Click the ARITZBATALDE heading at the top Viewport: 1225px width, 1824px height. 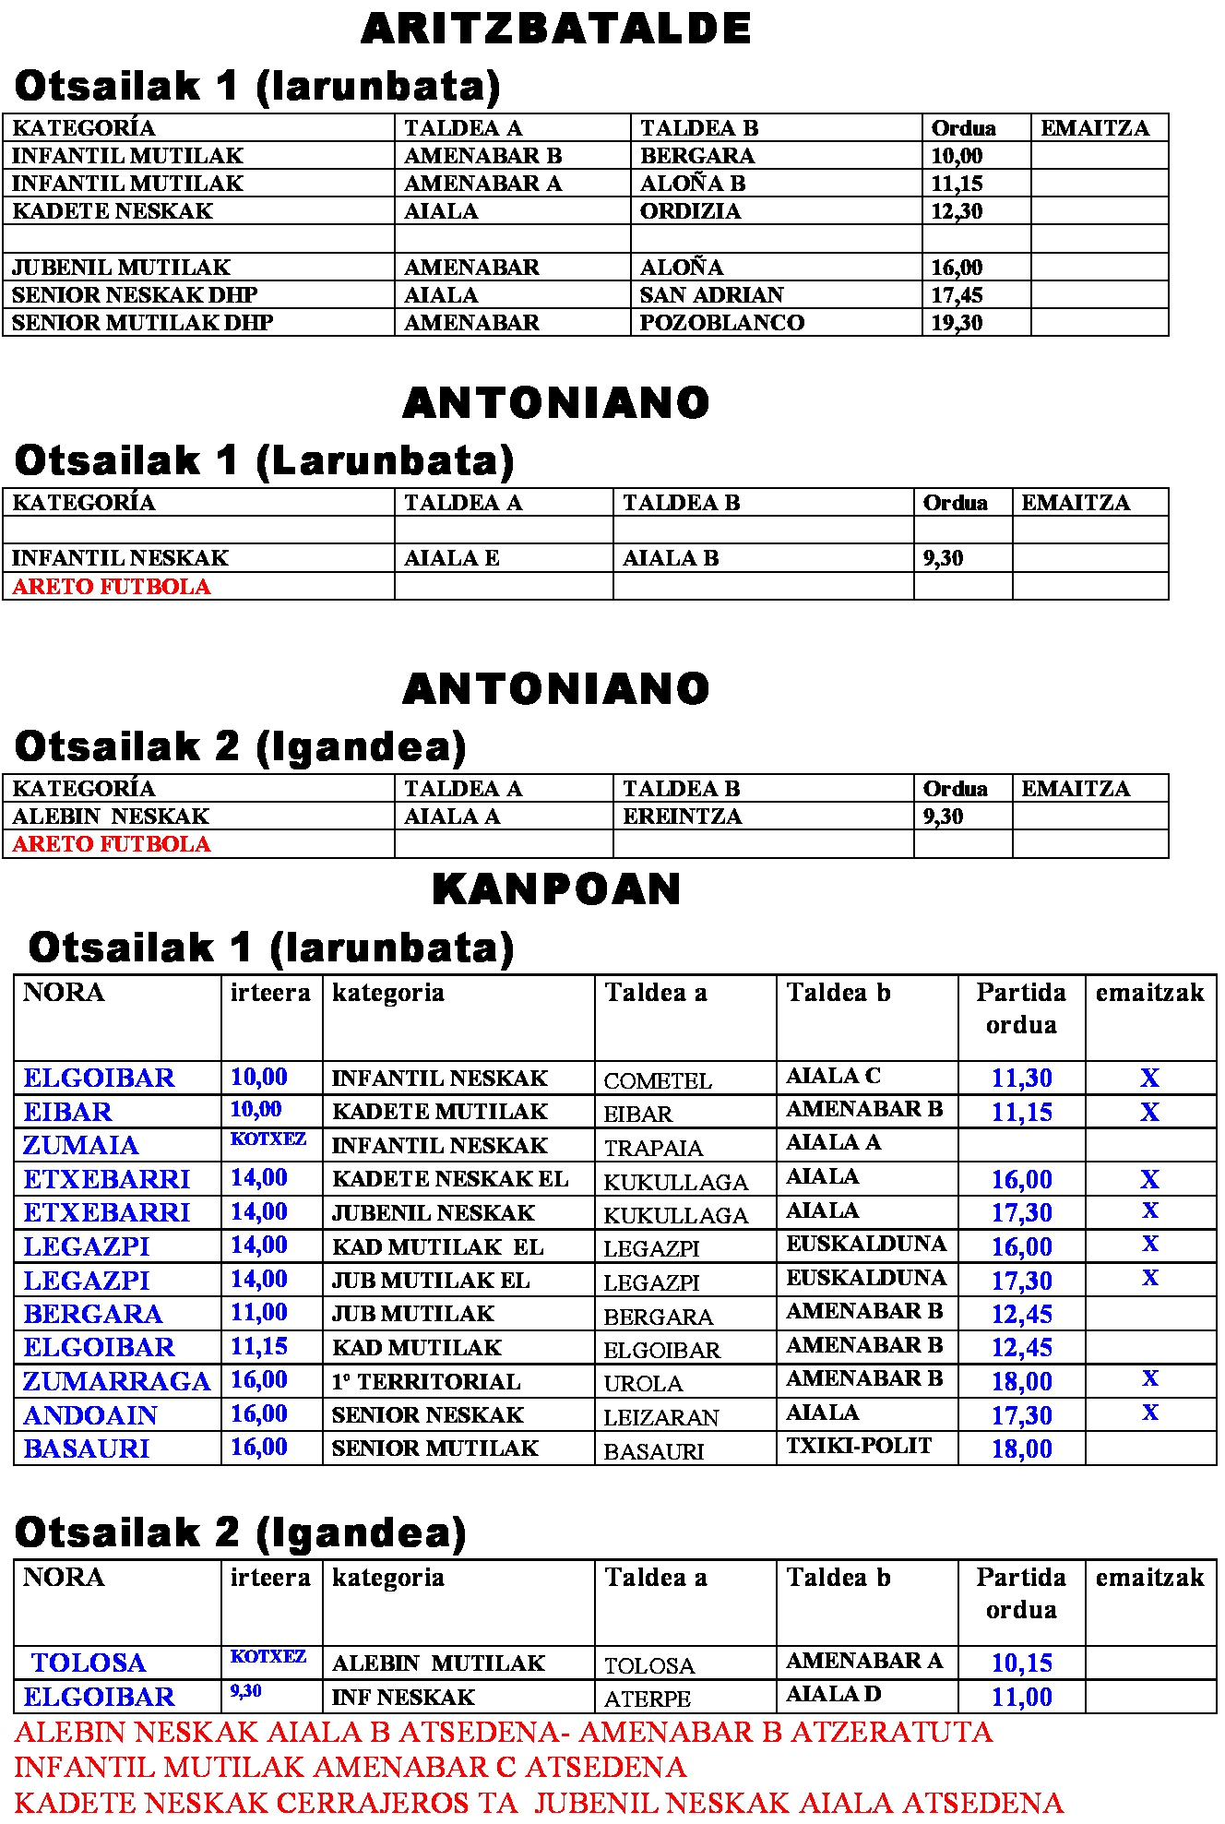[x=556, y=29]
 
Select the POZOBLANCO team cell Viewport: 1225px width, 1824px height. [x=721, y=323]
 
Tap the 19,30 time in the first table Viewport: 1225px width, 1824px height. [x=957, y=323]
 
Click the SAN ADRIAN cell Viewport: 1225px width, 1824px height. [x=711, y=295]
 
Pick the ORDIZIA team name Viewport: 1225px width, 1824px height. [x=690, y=211]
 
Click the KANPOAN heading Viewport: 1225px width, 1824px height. [x=556, y=889]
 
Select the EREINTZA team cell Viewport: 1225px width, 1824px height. [x=682, y=817]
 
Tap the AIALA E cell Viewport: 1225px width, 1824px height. [x=452, y=558]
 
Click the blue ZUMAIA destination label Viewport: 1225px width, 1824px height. [x=81, y=1146]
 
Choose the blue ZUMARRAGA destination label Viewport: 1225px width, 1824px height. [x=117, y=1381]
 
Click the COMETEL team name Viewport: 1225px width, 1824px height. [x=658, y=1080]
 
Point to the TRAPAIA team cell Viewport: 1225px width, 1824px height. [x=653, y=1148]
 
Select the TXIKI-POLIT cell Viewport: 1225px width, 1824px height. [x=859, y=1446]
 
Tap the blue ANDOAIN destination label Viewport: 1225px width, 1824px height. [x=90, y=1415]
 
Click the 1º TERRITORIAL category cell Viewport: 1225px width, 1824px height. [x=426, y=1382]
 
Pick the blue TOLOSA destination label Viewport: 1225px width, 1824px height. [x=89, y=1663]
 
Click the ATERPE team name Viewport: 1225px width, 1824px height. [x=647, y=1699]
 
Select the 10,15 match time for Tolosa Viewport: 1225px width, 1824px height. [x=1021, y=1663]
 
